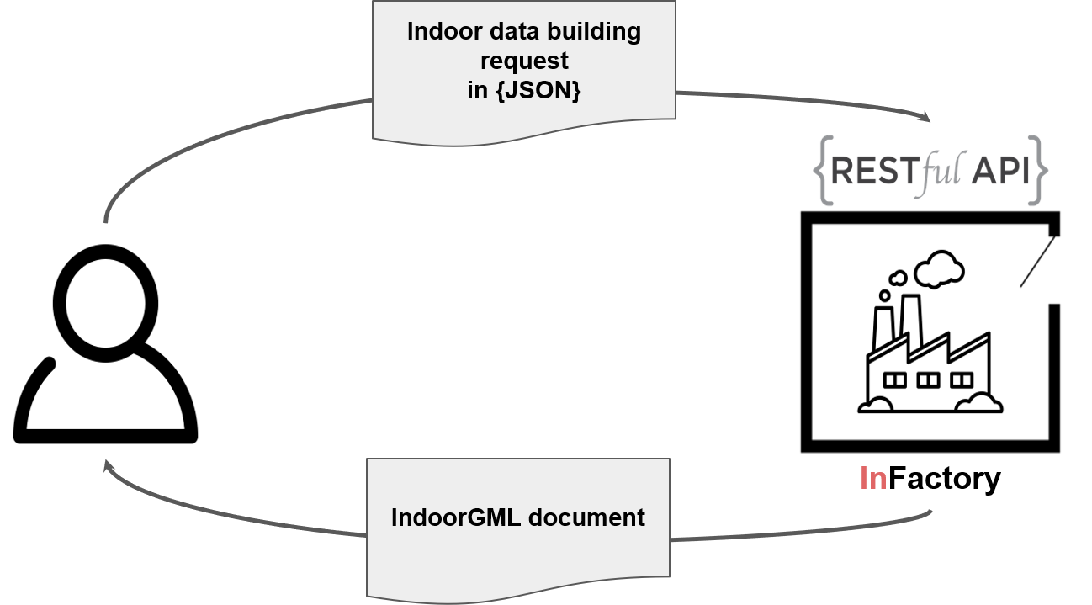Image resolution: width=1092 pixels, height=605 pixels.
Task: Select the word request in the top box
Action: pyautogui.click(x=523, y=61)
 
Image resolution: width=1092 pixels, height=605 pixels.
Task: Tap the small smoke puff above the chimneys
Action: pyautogui.click(x=898, y=277)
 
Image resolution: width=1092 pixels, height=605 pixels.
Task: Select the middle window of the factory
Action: pyautogui.click(x=927, y=380)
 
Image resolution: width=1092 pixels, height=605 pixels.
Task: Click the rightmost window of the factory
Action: pyautogui.click(x=961, y=380)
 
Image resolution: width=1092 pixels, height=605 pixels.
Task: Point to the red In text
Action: pyautogui.click(x=872, y=478)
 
